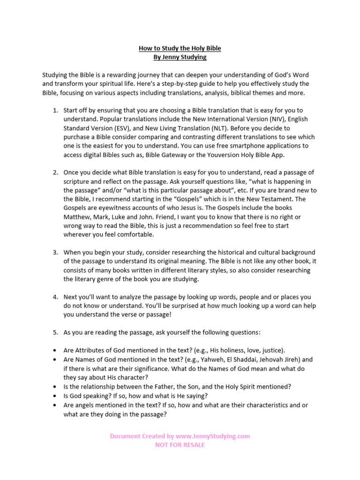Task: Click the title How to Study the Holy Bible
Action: tap(180, 48)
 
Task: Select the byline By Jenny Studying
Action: tap(180, 57)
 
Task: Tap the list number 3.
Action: tap(55, 252)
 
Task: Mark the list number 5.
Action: tap(55, 332)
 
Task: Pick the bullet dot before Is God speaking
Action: tap(55, 396)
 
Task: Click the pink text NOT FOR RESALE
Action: tap(180, 445)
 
